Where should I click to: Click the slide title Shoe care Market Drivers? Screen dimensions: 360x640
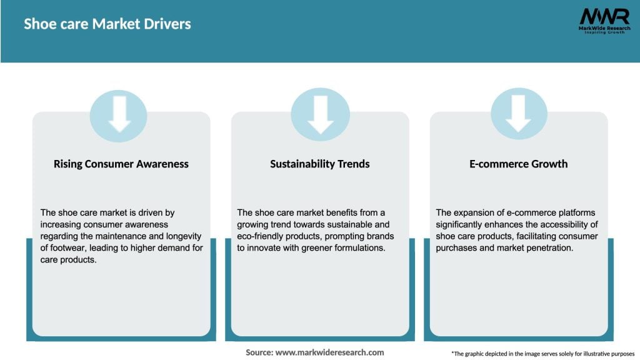pos(107,24)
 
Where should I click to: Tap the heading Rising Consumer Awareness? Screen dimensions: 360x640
pos(121,164)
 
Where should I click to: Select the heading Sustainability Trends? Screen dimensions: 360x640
pos(320,164)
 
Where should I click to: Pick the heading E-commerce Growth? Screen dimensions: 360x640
pos(519,164)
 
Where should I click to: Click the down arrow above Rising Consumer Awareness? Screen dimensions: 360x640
pos(119,114)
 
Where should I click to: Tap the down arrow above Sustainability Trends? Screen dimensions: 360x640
pos(320,114)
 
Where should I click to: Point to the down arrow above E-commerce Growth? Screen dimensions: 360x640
pos(519,114)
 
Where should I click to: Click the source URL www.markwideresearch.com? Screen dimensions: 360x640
pos(329,352)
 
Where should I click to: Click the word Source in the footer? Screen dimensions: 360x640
pos(259,352)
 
